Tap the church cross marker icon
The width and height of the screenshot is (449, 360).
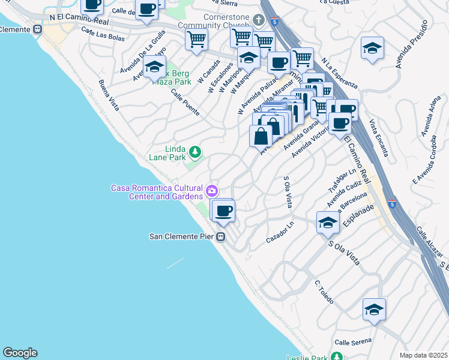(259, 20)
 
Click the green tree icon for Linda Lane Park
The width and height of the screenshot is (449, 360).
(194, 151)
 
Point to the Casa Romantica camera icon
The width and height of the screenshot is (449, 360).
(211, 192)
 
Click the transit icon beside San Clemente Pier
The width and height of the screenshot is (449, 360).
(221, 236)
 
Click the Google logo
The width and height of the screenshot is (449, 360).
(20, 353)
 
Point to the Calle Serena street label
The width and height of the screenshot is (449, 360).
(351, 342)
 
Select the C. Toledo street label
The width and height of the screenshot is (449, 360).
(324, 292)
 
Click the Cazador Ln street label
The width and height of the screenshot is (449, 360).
(280, 232)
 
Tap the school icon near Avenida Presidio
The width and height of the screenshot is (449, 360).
(372, 48)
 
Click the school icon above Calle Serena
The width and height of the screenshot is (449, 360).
(374, 310)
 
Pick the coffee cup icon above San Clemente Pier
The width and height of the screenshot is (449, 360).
(224, 211)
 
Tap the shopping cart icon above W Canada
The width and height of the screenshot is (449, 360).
(196, 40)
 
